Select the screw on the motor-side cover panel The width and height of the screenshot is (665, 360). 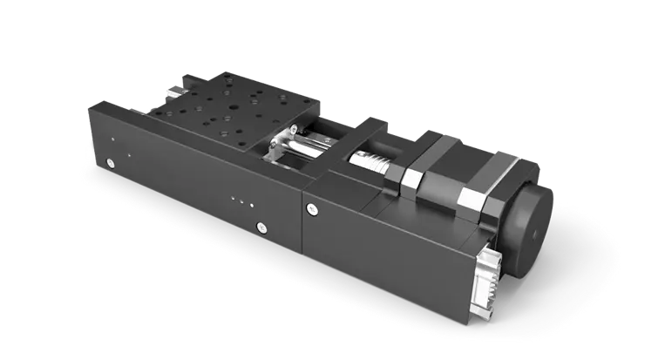point(312,208)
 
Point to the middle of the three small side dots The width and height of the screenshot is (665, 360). point(242,202)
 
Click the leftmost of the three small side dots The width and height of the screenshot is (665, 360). point(233,200)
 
